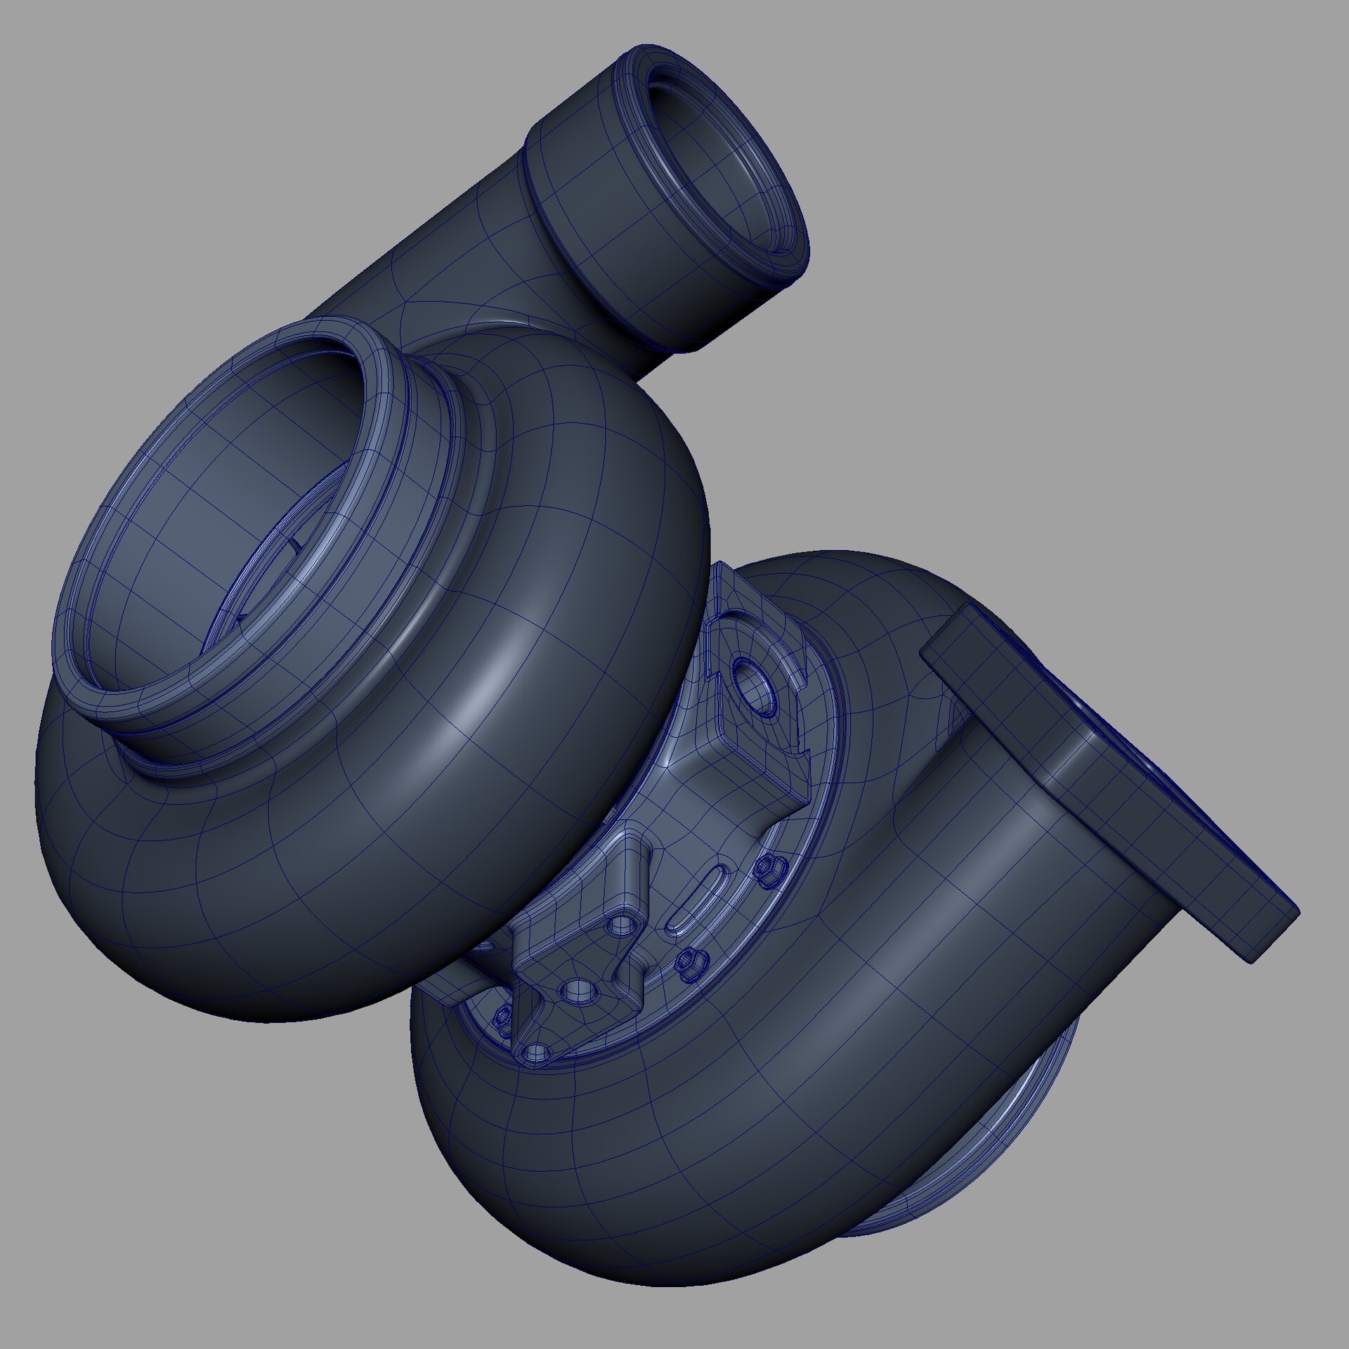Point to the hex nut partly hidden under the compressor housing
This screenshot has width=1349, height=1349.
tap(503, 1019)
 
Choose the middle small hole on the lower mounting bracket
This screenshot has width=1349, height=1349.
tap(578, 991)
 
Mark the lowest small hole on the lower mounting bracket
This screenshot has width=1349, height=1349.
tap(536, 1052)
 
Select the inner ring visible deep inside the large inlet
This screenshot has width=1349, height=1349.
tap(281, 562)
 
